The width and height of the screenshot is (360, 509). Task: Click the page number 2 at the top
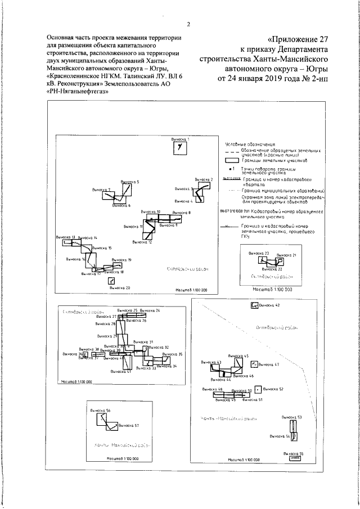pos(188,24)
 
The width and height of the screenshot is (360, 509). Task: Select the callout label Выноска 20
pos(120,288)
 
